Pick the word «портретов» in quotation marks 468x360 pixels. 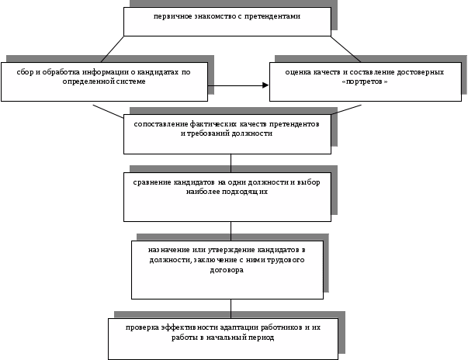367,81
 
